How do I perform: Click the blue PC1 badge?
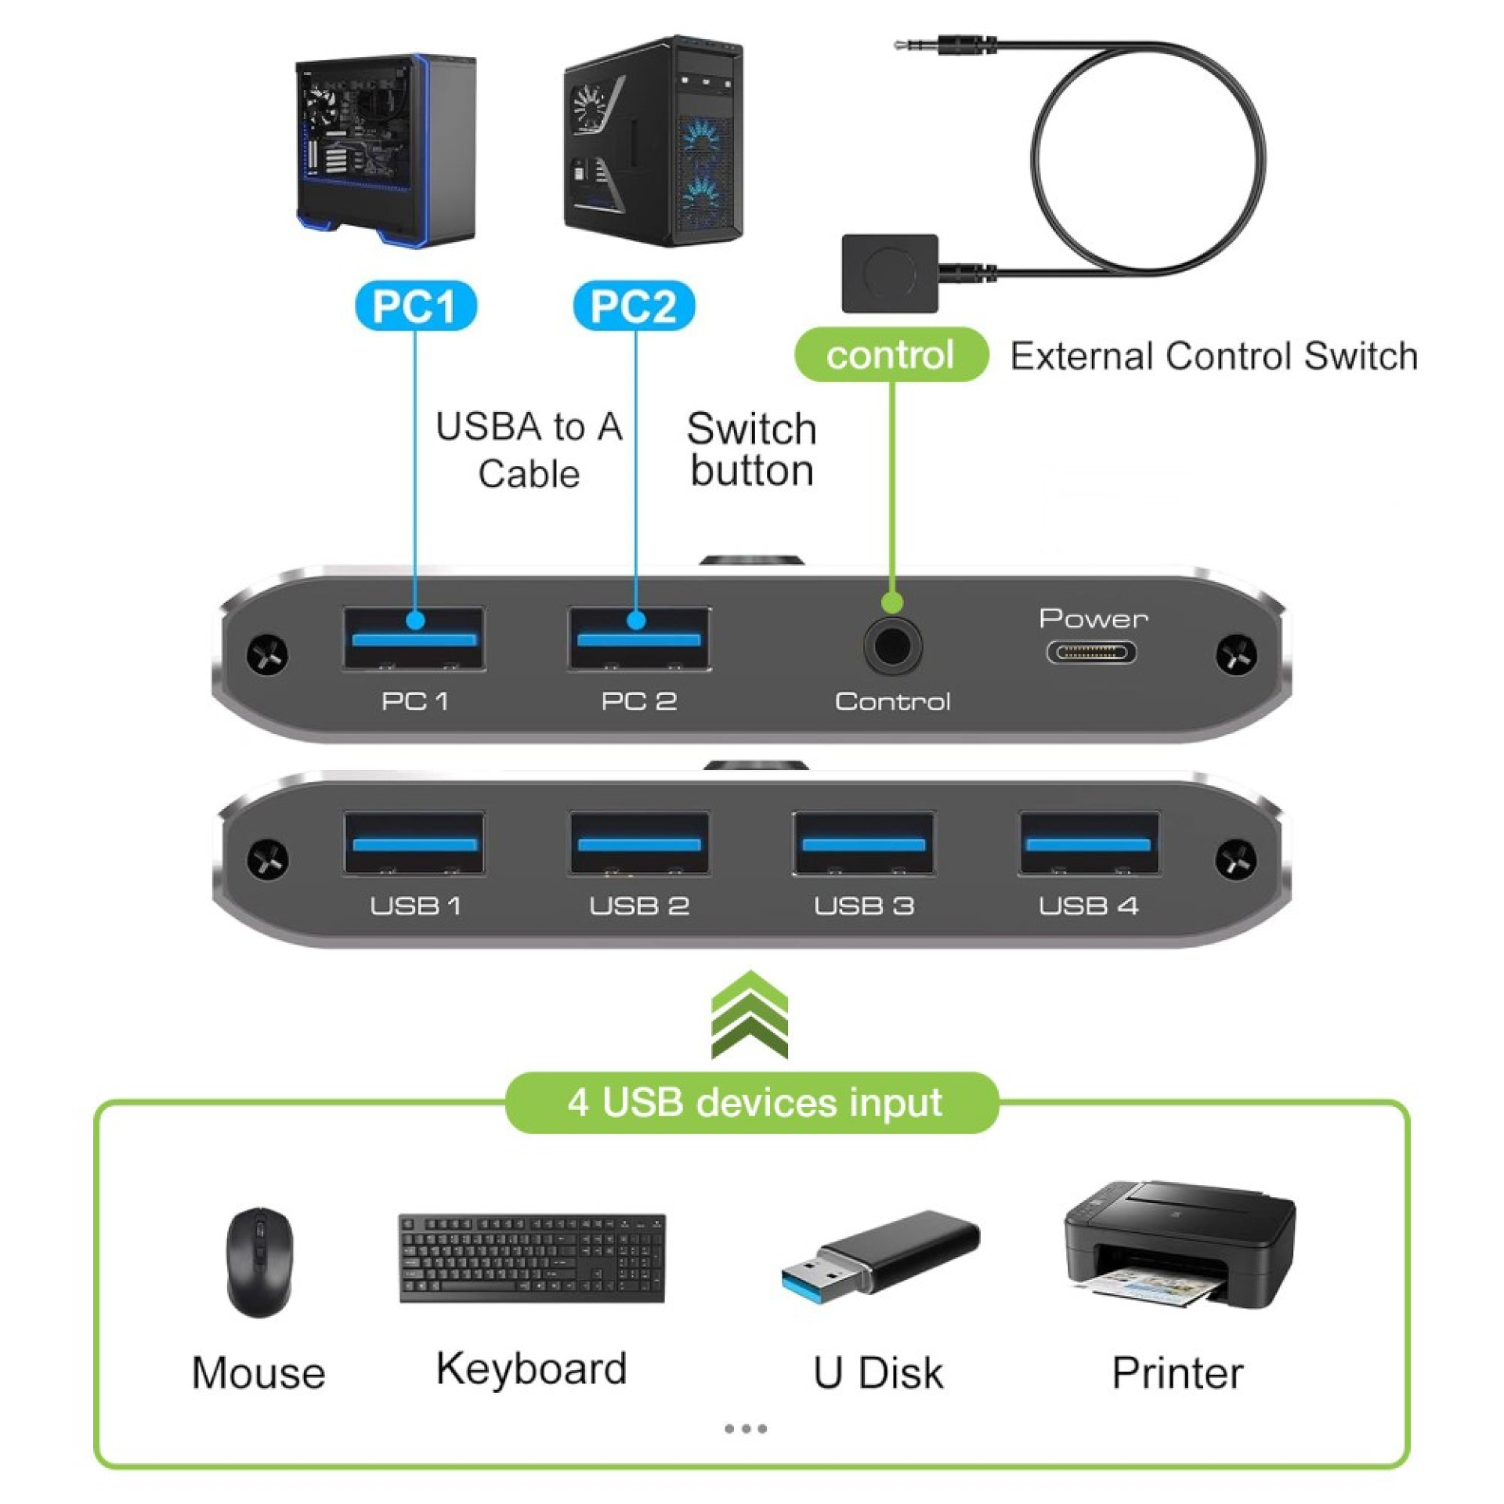[x=415, y=305]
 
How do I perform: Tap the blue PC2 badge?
[x=634, y=305]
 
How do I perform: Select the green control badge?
[x=891, y=355]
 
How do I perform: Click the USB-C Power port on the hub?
[x=1091, y=652]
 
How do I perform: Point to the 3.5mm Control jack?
[x=892, y=645]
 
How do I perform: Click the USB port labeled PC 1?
[x=414, y=638]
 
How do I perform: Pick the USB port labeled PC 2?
[x=638, y=638]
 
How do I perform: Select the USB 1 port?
[x=414, y=844]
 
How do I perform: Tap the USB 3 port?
[x=863, y=844]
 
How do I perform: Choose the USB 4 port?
[x=1088, y=844]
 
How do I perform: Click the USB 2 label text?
[x=638, y=906]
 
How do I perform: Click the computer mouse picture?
[x=259, y=1262]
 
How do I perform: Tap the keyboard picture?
[x=532, y=1259]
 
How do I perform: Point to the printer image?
[x=1179, y=1245]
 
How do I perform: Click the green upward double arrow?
[x=750, y=1015]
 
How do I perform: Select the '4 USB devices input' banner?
[x=753, y=1103]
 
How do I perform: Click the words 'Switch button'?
[x=751, y=450]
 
